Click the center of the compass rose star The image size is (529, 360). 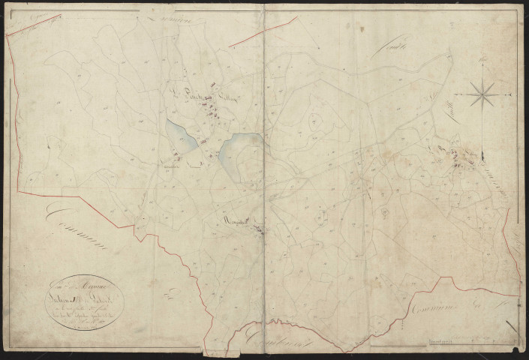pos(482,94)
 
